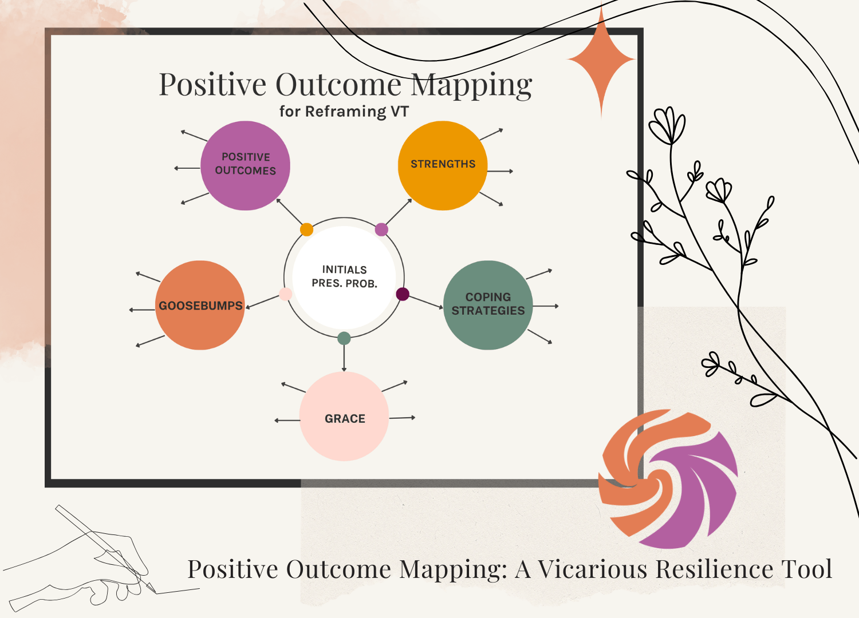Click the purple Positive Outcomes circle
pyautogui.click(x=245, y=165)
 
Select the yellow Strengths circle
pyautogui.click(x=443, y=165)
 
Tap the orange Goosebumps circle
pyautogui.click(x=200, y=305)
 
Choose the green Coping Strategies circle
pyautogui.click(x=488, y=305)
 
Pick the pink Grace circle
pyautogui.click(x=344, y=417)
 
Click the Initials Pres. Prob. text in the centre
pyautogui.click(x=344, y=276)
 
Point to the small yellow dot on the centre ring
pyautogui.click(x=307, y=229)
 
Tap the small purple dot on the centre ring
pyautogui.click(x=381, y=229)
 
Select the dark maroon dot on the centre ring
pyautogui.click(x=403, y=294)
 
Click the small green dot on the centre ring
pyautogui.click(x=344, y=338)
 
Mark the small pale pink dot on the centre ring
pyautogui.click(x=285, y=294)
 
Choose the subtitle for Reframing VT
pyautogui.click(x=344, y=111)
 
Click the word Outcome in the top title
pyautogui.click(x=338, y=85)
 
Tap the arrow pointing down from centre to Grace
pyautogui.click(x=344, y=358)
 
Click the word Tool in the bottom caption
pyautogui.click(x=807, y=569)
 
